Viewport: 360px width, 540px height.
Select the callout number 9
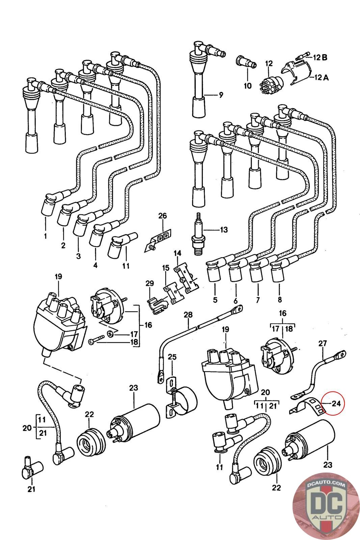click(221, 95)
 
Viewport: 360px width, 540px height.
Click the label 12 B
click(320, 57)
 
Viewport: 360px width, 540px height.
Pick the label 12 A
click(321, 77)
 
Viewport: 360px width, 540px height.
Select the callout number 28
click(188, 315)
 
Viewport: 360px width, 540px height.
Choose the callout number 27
click(323, 344)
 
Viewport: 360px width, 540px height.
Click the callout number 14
click(177, 253)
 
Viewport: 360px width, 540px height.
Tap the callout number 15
click(165, 268)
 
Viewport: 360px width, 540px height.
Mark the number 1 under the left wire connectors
click(46, 236)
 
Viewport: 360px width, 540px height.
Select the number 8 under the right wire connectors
click(279, 299)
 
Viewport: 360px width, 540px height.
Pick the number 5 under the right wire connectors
click(215, 299)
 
